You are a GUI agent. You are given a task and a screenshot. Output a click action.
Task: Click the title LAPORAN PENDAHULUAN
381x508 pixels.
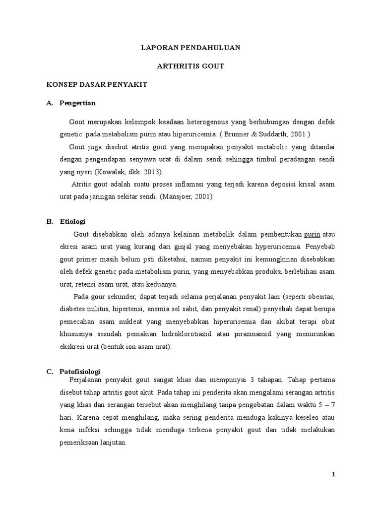[x=190, y=48]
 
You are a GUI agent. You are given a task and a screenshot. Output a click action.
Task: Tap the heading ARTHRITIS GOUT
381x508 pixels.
[x=190, y=66]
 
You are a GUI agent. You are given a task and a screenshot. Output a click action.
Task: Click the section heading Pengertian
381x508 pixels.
[x=77, y=103]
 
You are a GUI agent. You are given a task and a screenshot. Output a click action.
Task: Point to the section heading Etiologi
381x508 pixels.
[x=72, y=221]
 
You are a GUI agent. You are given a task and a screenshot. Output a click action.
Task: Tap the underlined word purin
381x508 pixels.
[x=312, y=234]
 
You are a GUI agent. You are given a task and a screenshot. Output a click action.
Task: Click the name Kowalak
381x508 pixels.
[x=105, y=171]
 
